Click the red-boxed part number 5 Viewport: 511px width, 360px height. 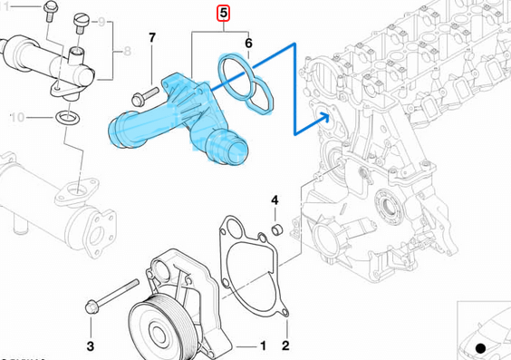click(222, 13)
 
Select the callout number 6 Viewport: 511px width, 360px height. click(248, 40)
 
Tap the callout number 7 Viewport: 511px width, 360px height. click(152, 38)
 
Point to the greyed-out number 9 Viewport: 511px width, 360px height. click(101, 20)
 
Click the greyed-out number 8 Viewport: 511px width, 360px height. click(126, 54)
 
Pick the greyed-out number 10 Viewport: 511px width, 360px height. click(18, 117)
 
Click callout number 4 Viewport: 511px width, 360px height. click(275, 199)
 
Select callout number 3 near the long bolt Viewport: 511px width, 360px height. click(91, 345)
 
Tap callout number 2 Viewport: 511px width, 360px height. click(284, 345)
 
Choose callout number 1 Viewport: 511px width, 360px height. click(263, 345)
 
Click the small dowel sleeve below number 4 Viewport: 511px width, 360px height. click(279, 226)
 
